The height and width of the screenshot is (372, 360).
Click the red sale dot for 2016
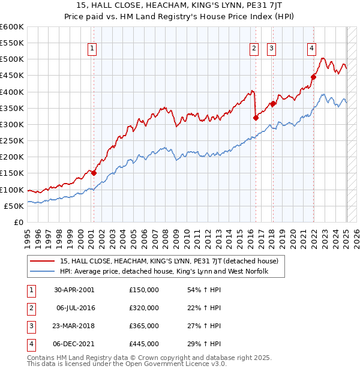[256, 118]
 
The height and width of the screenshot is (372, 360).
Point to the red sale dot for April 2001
[94, 173]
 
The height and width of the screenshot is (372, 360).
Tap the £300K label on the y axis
[12, 124]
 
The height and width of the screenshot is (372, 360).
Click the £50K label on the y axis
[14, 206]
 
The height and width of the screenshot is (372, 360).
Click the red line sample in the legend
[43, 261]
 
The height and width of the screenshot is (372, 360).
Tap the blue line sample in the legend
[43, 271]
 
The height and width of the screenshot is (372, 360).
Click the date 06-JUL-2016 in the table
[76, 308]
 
